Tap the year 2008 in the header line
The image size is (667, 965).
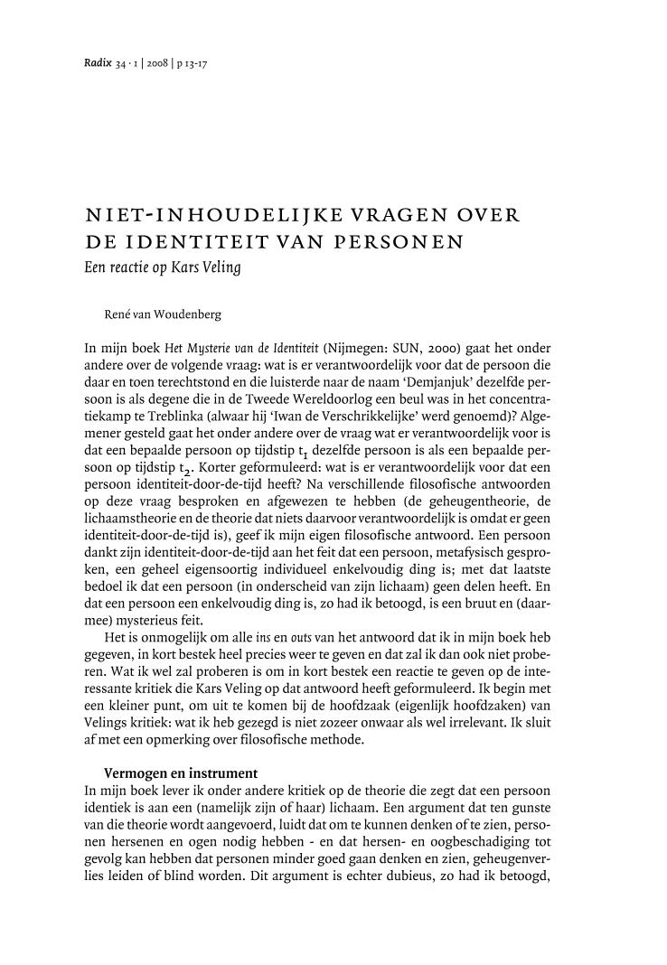click(x=159, y=64)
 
